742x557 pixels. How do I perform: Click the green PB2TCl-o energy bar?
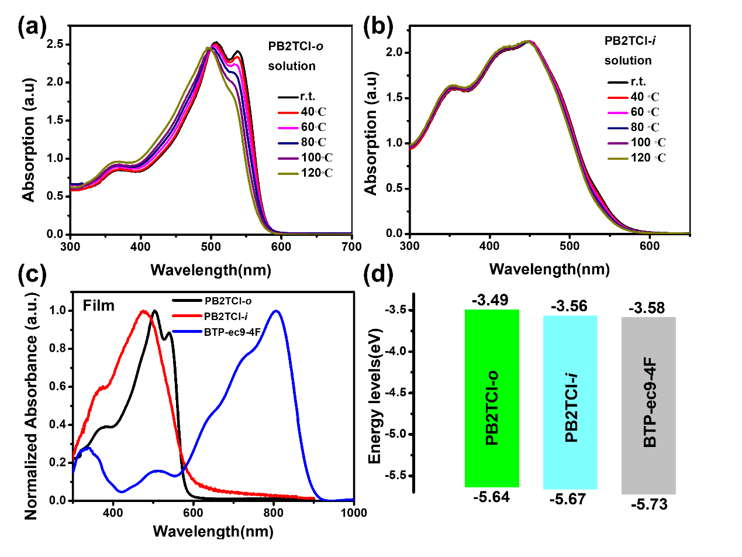[492, 398]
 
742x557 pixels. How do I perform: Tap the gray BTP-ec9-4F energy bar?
[648, 405]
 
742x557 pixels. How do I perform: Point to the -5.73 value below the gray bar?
[648, 505]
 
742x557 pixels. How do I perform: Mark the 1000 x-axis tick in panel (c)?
[354, 513]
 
